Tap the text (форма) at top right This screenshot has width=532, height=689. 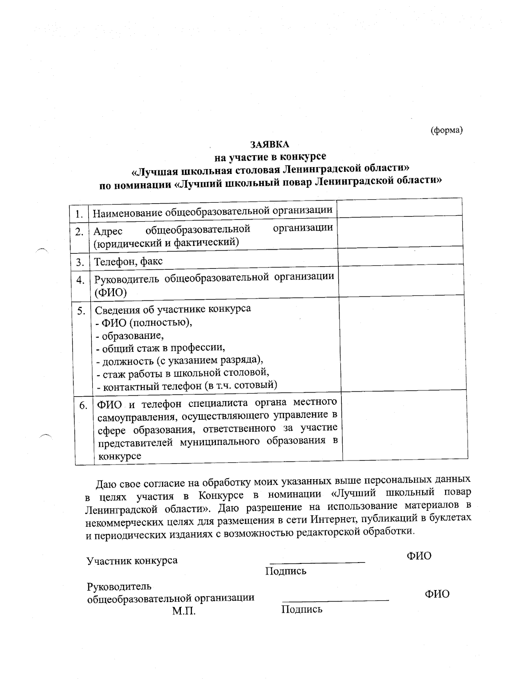(x=446, y=130)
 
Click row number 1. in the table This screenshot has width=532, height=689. (x=79, y=214)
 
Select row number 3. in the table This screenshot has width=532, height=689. (x=80, y=262)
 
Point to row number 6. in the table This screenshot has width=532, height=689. (x=83, y=406)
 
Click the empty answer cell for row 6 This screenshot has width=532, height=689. (x=405, y=426)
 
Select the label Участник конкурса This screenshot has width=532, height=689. (x=132, y=560)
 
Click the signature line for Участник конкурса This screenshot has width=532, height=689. (x=317, y=561)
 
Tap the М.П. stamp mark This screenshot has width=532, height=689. (x=184, y=611)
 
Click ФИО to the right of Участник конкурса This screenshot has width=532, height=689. (x=419, y=555)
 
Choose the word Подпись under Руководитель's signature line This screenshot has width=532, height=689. (x=301, y=609)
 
